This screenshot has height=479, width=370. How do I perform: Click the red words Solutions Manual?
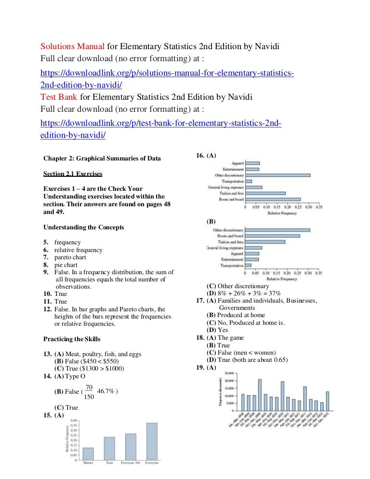(72, 47)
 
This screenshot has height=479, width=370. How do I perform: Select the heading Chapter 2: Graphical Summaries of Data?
(102, 158)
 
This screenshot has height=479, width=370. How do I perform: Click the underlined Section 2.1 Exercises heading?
(73, 173)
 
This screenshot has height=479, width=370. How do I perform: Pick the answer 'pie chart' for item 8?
(66, 265)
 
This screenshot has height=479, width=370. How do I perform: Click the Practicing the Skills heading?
(72, 339)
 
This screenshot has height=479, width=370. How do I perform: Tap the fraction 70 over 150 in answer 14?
(89, 392)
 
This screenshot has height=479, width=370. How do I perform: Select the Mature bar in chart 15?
(88, 453)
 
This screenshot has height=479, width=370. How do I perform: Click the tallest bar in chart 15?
(151, 441)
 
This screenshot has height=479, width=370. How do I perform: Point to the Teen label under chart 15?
(109, 463)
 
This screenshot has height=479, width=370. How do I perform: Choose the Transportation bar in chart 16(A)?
(249, 181)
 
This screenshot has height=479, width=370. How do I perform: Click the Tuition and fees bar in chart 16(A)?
(265, 193)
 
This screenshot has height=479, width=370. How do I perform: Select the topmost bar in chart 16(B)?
(277, 230)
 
